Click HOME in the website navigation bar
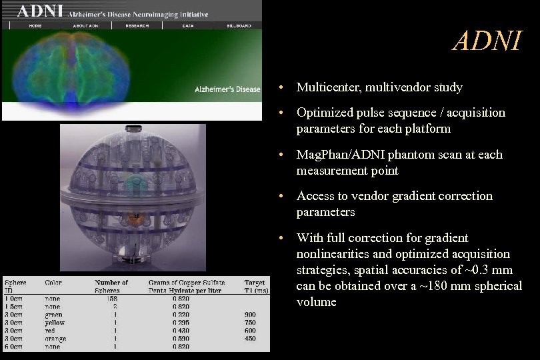pos(35,26)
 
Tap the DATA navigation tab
pos(188,26)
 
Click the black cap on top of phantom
pos(134,126)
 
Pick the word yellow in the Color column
pos(55,323)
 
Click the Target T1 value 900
pos(251,315)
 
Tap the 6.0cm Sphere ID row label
pos(14,347)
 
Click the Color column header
pos(53,283)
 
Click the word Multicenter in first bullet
pos(326,87)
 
